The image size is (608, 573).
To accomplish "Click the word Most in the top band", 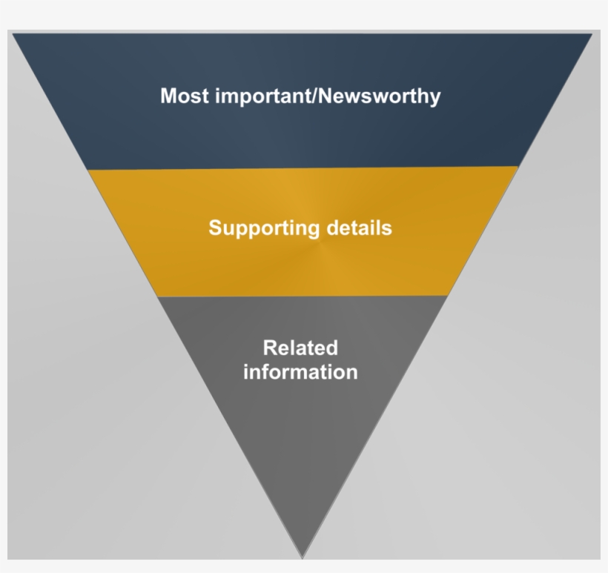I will [185, 96].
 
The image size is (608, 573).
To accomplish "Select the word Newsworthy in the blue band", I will [380, 96].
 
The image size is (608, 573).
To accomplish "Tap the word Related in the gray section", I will [300, 348].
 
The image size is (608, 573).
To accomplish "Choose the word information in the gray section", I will [300, 371].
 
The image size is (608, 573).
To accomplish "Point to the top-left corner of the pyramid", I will [13, 33].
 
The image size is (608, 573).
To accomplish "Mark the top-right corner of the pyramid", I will [592, 34].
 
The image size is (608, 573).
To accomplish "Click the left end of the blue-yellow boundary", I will [88, 169].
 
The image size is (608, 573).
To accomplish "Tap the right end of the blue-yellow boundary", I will [518, 167].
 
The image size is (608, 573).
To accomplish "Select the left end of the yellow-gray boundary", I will [158, 297].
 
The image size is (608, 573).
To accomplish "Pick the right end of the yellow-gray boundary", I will [449, 295].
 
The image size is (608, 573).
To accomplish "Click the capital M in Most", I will [169, 96].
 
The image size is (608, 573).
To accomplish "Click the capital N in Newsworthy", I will [327, 96].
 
